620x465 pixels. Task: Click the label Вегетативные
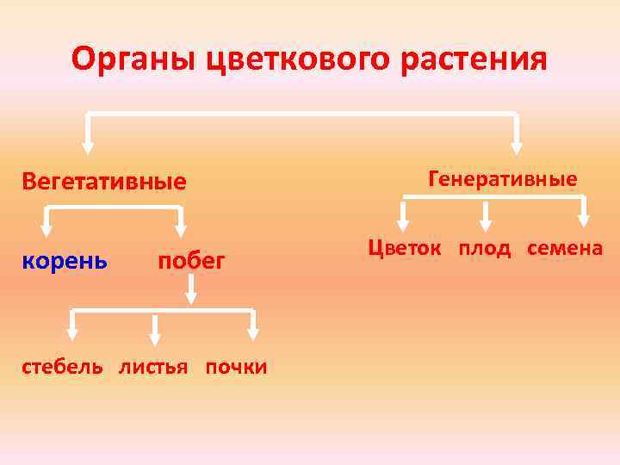pyautogui.click(x=104, y=182)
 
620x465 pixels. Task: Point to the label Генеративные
pyautogui.click(x=502, y=179)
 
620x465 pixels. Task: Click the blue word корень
pyautogui.click(x=65, y=260)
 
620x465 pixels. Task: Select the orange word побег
pyautogui.click(x=191, y=260)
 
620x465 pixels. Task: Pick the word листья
pyautogui.click(x=153, y=367)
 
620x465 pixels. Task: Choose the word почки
pyautogui.click(x=235, y=367)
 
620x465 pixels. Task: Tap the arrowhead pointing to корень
pyautogui.click(x=46, y=228)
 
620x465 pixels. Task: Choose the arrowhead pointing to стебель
pyautogui.click(x=73, y=332)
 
